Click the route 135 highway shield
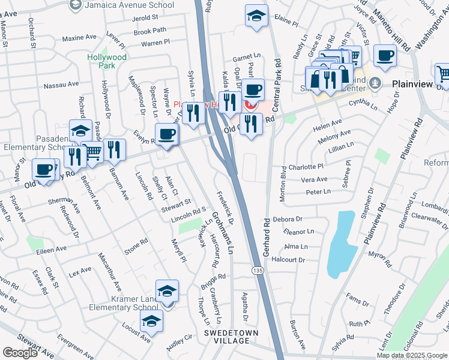[256, 271]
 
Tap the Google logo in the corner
[20, 353]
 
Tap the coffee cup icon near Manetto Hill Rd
[385, 56]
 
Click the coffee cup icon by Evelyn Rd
[166, 134]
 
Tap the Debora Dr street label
[287, 220]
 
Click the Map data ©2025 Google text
[412, 355]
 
